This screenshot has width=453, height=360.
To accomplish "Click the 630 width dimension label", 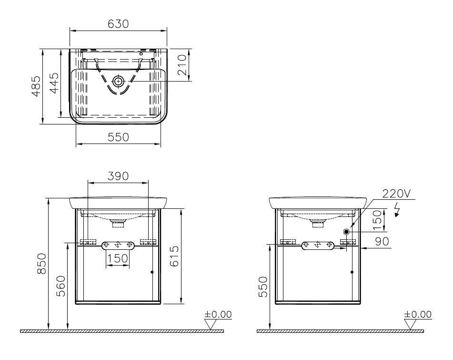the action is click(x=118, y=24).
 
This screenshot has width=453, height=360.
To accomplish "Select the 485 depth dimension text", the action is click(x=36, y=86).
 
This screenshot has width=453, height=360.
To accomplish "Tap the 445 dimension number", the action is click(x=54, y=83).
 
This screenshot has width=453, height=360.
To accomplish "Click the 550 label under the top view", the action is click(x=118, y=137).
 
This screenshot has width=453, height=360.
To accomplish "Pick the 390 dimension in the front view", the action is click(x=118, y=176).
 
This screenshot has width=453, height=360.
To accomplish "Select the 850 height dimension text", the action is click(x=42, y=263).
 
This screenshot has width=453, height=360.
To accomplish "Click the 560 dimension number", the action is click(x=60, y=286).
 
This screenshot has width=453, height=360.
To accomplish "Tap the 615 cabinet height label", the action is click(x=174, y=256).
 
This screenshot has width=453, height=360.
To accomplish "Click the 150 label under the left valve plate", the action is click(x=118, y=258).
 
